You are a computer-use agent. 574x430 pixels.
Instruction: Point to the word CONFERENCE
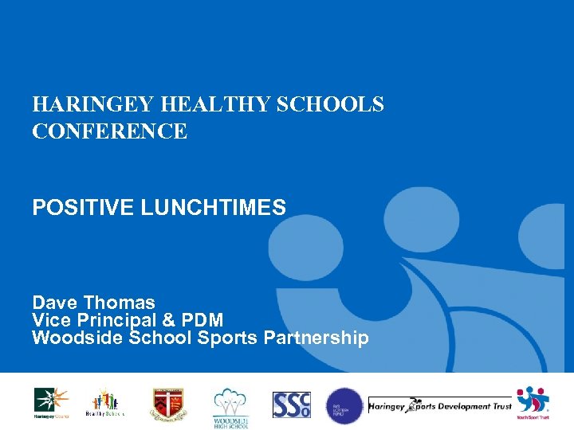pos(110,131)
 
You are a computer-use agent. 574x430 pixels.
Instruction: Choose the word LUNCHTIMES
pos(214,209)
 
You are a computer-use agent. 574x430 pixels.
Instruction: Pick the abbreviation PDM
pos(202,320)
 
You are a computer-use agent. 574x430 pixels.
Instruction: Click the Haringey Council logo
pos(50,403)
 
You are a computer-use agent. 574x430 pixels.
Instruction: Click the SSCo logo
pos(291,405)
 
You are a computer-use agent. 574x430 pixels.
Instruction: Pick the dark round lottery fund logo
pos(344,405)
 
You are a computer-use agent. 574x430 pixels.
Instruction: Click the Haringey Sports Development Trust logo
pos(439,406)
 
